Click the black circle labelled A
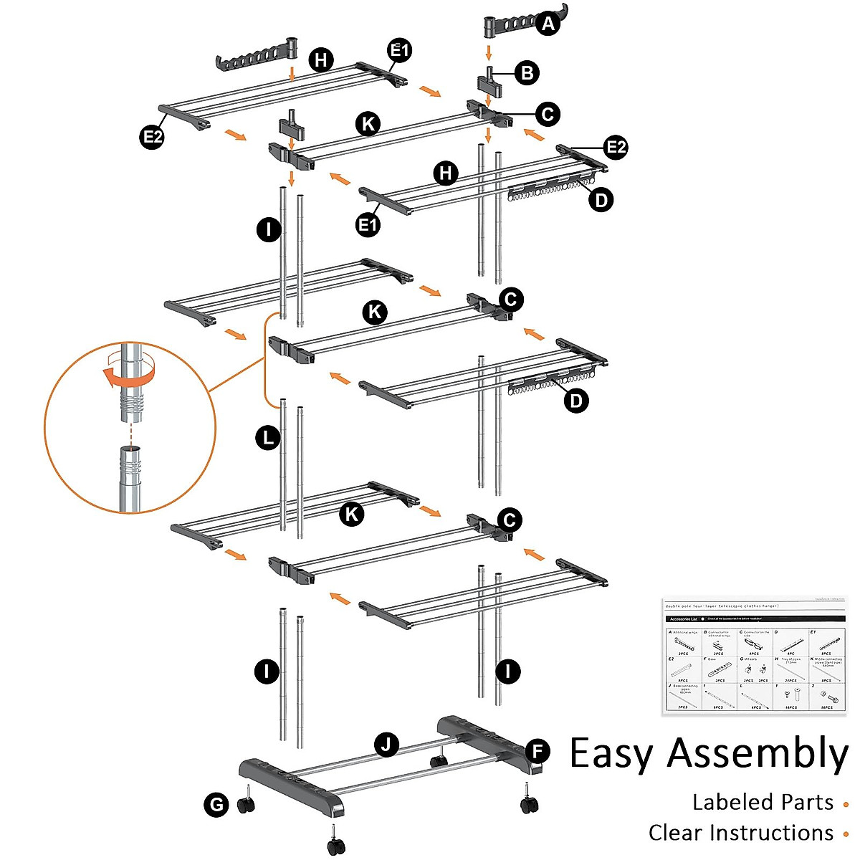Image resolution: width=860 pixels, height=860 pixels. (548, 24)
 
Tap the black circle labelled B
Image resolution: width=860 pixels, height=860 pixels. (527, 72)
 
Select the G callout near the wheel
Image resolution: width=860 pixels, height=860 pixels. (216, 805)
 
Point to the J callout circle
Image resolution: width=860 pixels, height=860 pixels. (387, 745)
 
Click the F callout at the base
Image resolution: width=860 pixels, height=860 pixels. (537, 752)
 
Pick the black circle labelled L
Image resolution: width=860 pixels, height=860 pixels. (268, 437)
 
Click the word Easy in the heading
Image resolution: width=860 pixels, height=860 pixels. (611, 754)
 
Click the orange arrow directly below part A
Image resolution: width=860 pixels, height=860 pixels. (489, 52)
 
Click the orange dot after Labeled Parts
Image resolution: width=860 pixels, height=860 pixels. (846, 804)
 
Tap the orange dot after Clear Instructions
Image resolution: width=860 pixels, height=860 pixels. (846, 834)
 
